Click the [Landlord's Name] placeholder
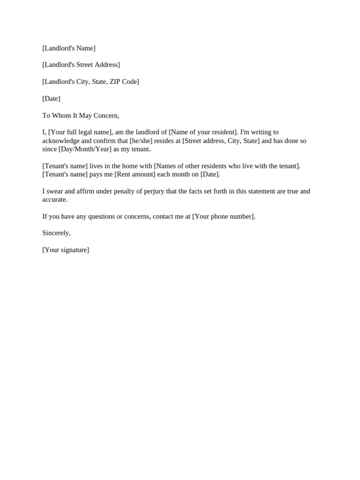pos(69,48)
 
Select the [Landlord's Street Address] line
pos(81,65)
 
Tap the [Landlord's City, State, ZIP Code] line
pos(90,82)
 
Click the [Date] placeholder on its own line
pos(51,98)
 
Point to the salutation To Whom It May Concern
pos(81,115)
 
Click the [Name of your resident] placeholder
pos(203,132)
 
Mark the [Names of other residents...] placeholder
pos(227,166)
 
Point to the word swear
pos(56,191)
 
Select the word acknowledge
pos(61,141)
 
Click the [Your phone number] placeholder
pos(223,217)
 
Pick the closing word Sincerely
pos(56,233)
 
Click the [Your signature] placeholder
pos(66,250)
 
